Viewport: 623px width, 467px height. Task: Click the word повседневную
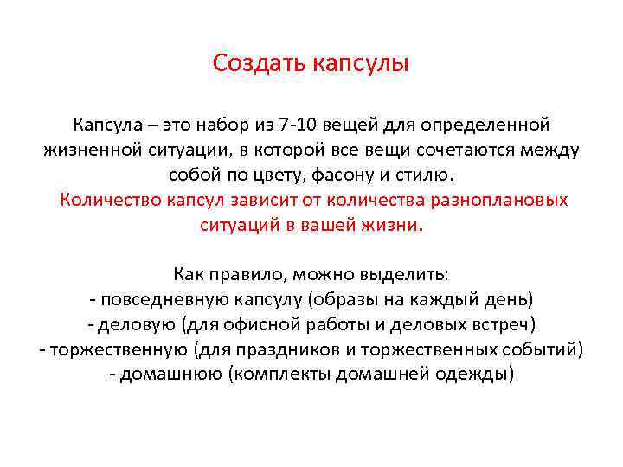(x=154, y=300)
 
